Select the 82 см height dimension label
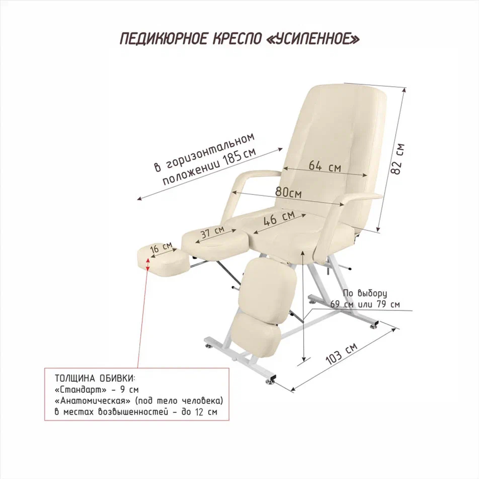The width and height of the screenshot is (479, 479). (x=398, y=159)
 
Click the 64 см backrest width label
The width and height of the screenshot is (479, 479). (x=324, y=166)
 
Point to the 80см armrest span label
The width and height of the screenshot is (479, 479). (x=288, y=193)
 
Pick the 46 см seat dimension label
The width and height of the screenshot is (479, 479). (x=279, y=218)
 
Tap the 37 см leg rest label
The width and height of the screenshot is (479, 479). (x=212, y=232)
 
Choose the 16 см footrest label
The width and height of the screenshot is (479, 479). (x=161, y=247)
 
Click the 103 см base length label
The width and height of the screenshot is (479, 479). (x=341, y=354)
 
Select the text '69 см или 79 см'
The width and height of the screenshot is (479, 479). (x=365, y=304)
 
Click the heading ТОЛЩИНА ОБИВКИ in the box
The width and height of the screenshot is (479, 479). (x=95, y=378)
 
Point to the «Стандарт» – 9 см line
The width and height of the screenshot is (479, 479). (x=97, y=389)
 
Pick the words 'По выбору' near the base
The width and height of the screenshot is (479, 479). (x=365, y=293)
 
